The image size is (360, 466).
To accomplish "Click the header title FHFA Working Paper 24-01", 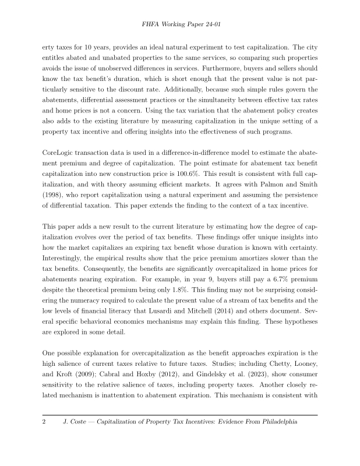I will point(180,26).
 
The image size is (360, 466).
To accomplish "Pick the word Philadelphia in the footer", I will point(274,420).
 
